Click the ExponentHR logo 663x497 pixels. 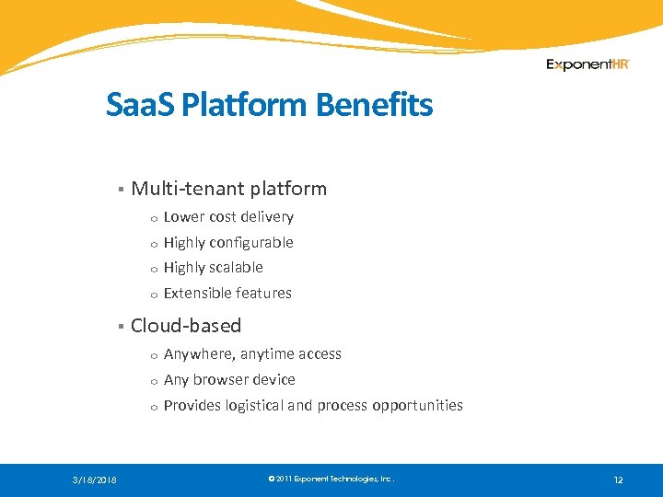[587, 64]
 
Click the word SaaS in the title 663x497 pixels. [141, 105]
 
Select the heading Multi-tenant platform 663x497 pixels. [228, 189]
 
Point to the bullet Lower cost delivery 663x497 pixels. [228, 217]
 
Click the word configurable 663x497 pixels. [251, 243]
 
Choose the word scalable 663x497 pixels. [237, 268]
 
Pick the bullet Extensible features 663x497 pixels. [227, 294]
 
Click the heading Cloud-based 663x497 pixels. [186, 326]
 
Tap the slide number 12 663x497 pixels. [618, 480]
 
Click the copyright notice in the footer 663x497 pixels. [331, 480]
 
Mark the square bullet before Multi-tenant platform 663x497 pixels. [120, 190]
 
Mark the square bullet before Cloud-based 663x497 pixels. [120, 327]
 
